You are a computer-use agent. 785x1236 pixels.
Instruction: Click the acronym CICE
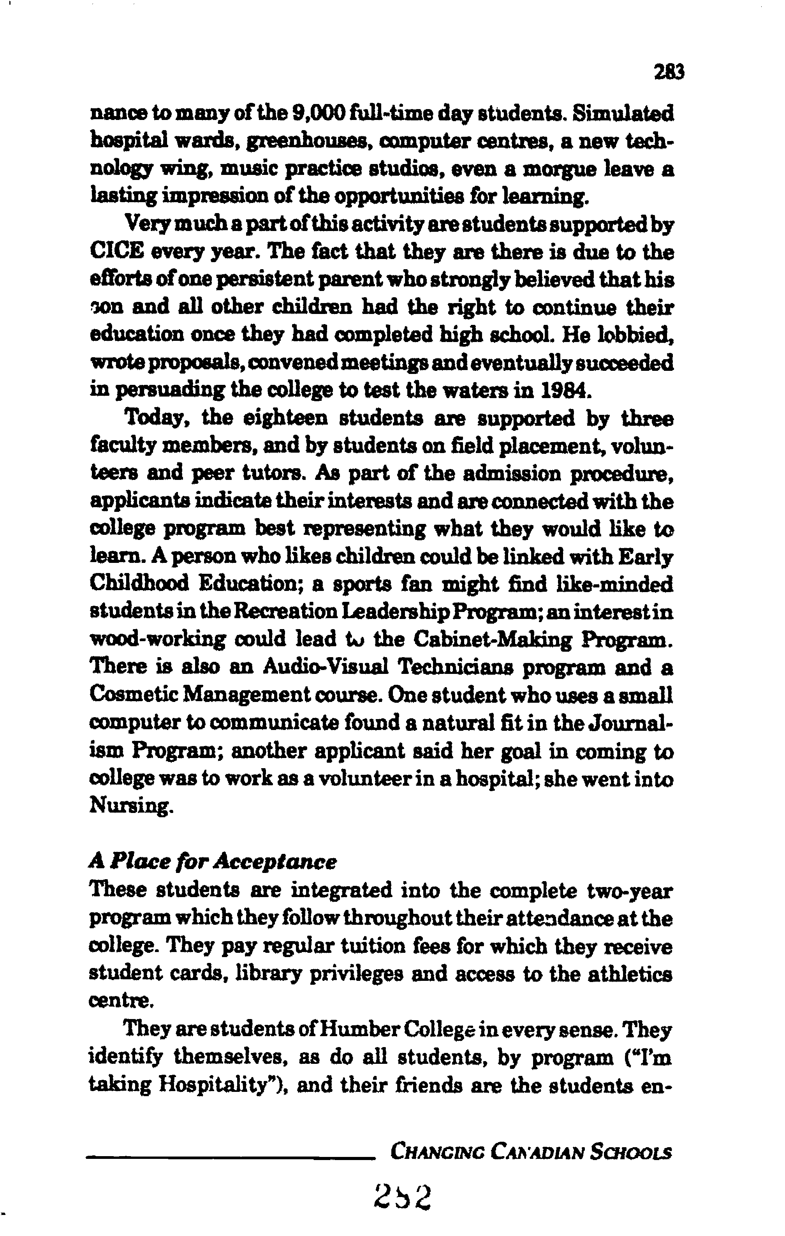pos(116,252)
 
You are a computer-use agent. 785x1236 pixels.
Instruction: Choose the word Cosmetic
pos(131,695)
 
